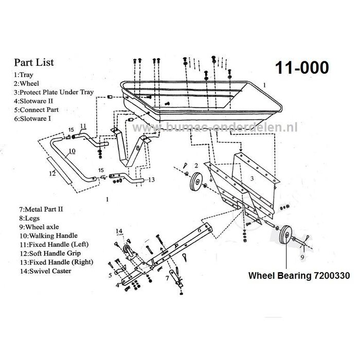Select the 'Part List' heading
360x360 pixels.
[x=33, y=63]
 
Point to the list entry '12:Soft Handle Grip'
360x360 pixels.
[x=48, y=253]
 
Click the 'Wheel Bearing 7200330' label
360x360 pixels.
[x=299, y=276]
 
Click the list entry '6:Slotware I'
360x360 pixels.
[x=36, y=118]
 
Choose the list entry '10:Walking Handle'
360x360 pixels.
[x=44, y=236]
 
